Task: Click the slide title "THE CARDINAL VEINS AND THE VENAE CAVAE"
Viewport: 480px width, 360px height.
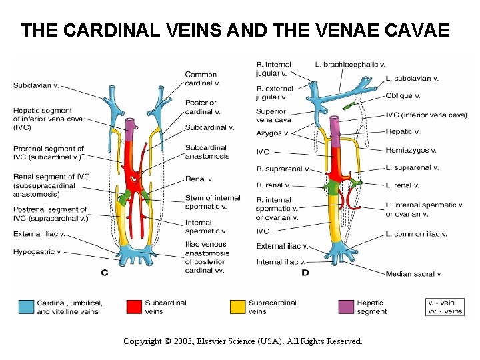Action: pyautogui.click(x=235, y=31)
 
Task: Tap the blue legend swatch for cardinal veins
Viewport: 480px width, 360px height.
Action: pyautogui.click(x=26, y=307)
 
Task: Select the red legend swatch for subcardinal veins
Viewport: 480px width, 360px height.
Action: pyautogui.click(x=135, y=307)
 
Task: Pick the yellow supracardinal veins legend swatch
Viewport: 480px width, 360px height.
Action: pyautogui.click(x=237, y=307)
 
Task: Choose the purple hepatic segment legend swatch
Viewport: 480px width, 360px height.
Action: pyautogui.click(x=347, y=307)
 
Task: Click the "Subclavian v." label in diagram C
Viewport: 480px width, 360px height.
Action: pyautogui.click(x=36, y=85)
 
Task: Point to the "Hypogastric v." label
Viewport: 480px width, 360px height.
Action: pyautogui.click(x=37, y=252)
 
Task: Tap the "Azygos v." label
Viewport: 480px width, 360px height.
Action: pyautogui.click(x=273, y=133)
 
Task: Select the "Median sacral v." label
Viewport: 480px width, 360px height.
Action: pyautogui.click(x=413, y=274)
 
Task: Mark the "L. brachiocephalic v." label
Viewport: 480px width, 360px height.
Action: pyautogui.click(x=350, y=65)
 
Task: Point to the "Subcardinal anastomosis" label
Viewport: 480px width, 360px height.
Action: pyautogui.click(x=207, y=152)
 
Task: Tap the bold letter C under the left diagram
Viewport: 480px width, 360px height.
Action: pyautogui.click(x=104, y=272)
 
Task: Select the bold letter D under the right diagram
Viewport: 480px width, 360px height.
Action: pyautogui.click(x=305, y=272)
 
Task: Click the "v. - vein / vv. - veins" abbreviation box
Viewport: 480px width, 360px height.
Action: pyautogui.click(x=445, y=307)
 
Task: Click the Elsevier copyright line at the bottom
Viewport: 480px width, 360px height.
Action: pyautogui.click(x=243, y=341)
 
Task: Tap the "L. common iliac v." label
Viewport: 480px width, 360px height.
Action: pyautogui.click(x=416, y=234)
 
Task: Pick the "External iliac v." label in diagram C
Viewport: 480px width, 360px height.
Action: pyautogui.click(x=39, y=234)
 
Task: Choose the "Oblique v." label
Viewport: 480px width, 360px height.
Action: pyautogui.click(x=403, y=96)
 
